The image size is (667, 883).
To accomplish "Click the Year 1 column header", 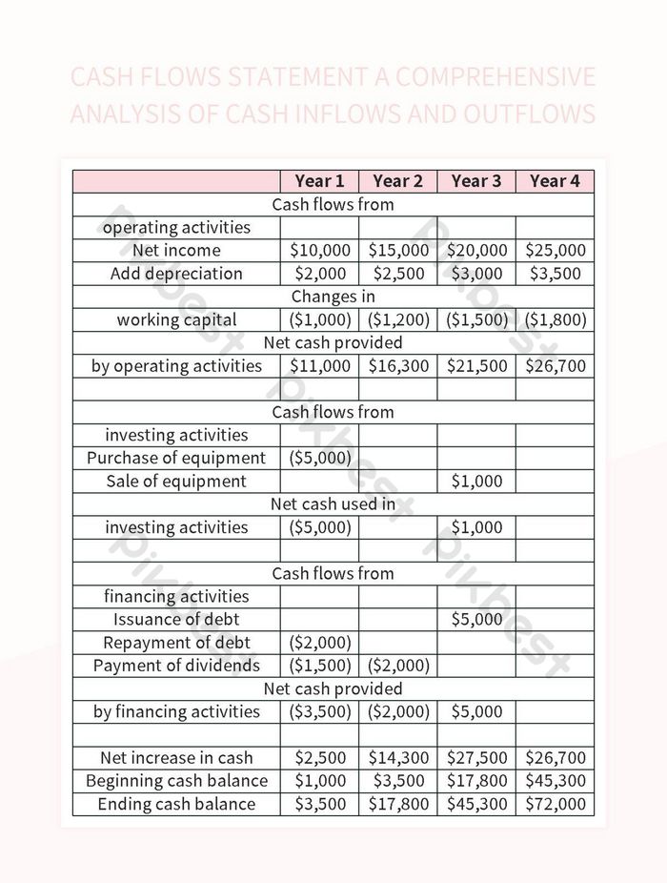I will tap(319, 181).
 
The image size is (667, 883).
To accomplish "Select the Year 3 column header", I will tap(475, 181).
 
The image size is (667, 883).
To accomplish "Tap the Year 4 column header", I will tap(555, 181).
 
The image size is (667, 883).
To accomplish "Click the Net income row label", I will tap(176, 251).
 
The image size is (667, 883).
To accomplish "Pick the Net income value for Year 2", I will tap(397, 251).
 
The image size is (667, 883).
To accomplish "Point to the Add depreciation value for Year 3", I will tap(475, 274).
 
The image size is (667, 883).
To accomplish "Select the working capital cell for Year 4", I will tap(555, 319).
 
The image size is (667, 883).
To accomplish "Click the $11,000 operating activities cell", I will tap(319, 366).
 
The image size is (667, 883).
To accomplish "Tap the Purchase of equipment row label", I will tap(176, 458).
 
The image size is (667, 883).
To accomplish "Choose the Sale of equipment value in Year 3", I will tap(475, 482).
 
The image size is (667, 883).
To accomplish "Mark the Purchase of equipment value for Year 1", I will tap(319, 458).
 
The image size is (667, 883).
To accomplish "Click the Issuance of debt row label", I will tap(176, 620).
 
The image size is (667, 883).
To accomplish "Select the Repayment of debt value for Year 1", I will tap(319, 643).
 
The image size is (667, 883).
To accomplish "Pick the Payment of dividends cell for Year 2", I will tap(397, 666).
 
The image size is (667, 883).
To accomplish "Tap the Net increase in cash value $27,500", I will tap(475, 758).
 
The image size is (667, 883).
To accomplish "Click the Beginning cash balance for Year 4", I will tap(555, 781).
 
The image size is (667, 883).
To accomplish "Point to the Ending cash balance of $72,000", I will tap(555, 804).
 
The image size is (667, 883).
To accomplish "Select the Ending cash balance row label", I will tap(176, 804).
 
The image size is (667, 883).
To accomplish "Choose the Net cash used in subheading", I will tap(333, 504).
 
